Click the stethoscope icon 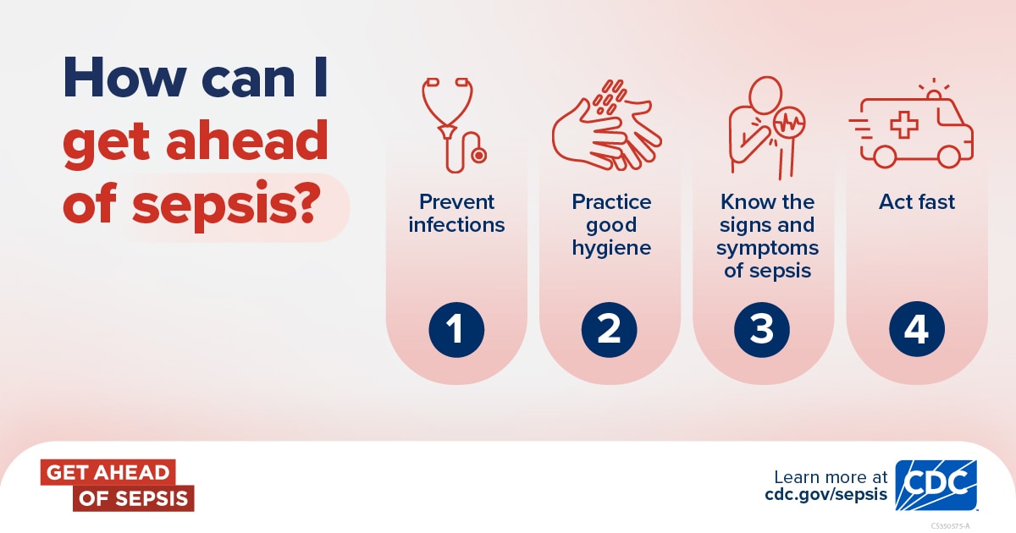[x=453, y=123]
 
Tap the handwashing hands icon [x=606, y=127]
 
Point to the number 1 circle [x=456, y=328]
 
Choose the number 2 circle [x=609, y=328]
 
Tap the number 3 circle [x=762, y=328]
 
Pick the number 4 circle [x=916, y=328]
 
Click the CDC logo [x=936, y=486]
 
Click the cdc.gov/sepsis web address [x=825, y=495]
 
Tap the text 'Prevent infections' [x=456, y=213]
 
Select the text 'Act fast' [x=916, y=202]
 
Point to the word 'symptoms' [x=767, y=248]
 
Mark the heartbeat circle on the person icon [x=789, y=121]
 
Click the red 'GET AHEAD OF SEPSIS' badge [x=117, y=486]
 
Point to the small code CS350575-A [x=950, y=525]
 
